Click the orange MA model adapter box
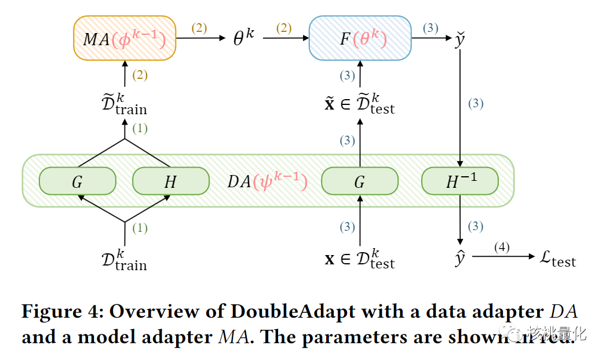point(125,38)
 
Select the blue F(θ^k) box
point(360,38)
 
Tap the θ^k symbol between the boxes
point(243,39)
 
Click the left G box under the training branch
point(77,181)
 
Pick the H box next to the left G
point(170,181)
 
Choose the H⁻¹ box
point(460,181)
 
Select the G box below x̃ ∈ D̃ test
point(360,181)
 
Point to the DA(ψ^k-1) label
point(267,181)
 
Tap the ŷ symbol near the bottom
point(460,258)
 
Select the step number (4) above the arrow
point(502,248)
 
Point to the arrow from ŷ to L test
point(502,256)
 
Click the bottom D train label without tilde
point(124,259)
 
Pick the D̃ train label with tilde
point(124,103)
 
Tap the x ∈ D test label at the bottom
point(360,258)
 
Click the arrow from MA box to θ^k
point(200,39)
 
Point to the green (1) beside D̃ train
point(140,129)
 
